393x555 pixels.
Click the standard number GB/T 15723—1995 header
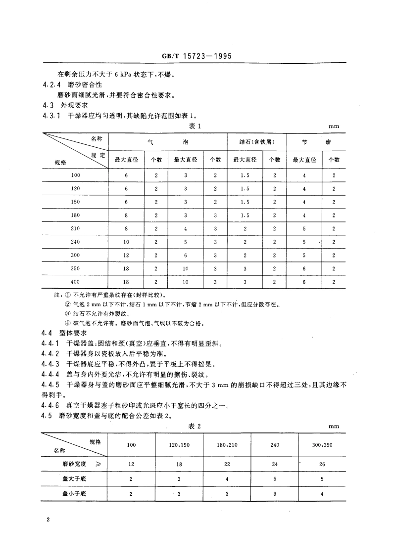196,56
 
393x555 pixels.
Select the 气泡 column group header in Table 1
168,142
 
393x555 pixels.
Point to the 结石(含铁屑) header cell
257,142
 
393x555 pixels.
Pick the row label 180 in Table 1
75,215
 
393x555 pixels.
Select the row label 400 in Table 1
75,282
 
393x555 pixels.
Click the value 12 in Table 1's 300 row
126,255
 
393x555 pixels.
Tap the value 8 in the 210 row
126,228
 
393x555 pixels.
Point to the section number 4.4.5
51,384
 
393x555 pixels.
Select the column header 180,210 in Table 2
227,445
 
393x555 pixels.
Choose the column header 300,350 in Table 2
322,445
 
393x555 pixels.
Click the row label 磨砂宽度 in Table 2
72,464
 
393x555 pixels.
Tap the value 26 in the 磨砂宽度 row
322,464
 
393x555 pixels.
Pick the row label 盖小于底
72,493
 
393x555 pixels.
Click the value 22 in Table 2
227,464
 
